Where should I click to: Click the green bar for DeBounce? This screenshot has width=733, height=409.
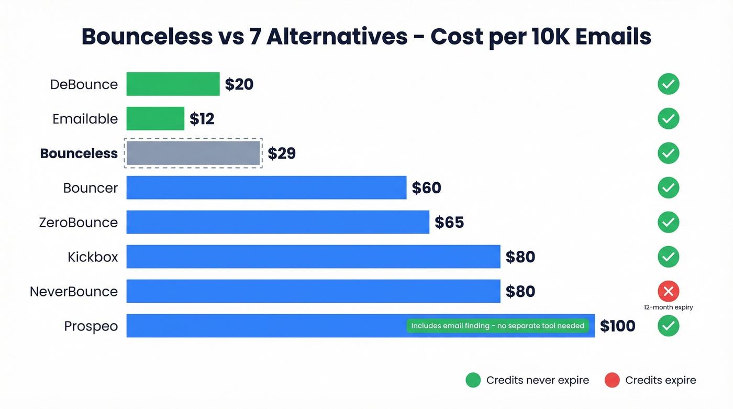click(x=173, y=84)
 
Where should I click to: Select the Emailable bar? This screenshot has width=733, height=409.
click(x=155, y=119)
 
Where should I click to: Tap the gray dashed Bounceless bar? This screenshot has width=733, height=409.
click(x=193, y=153)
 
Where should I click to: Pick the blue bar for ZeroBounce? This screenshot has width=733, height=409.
click(x=277, y=223)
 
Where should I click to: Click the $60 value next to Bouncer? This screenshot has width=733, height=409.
click(x=426, y=188)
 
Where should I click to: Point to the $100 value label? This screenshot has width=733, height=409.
click(x=617, y=326)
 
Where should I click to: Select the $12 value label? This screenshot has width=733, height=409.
click(x=202, y=119)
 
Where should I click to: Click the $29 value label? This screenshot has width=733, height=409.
click(x=282, y=153)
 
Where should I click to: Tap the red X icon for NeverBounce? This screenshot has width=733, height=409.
click(x=668, y=291)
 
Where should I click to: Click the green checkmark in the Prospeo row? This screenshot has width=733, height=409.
click(x=668, y=326)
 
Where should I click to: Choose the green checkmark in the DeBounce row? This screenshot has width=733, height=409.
click(x=668, y=84)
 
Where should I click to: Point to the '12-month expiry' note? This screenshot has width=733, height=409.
click(x=668, y=307)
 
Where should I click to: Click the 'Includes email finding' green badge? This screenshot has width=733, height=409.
click(x=497, y=326)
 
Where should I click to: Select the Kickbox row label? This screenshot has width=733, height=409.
click(x=93, y=257)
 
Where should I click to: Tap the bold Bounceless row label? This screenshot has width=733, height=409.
click(x=79, y=153)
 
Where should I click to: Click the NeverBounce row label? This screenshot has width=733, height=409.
click(x=74, y=292)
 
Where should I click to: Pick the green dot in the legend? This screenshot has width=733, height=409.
click(x=473, y=380)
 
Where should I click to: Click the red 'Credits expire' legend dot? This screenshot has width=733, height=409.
click(x=612, y=380)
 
